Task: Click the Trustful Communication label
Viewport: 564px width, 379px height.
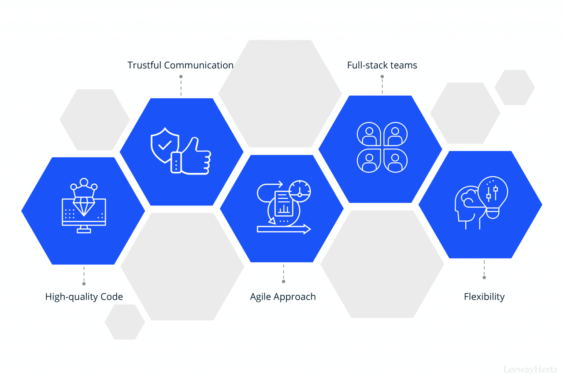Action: [x=180, y=65]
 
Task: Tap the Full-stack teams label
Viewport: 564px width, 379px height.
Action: [x=382, y=65]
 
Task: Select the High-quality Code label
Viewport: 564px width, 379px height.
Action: [x=84, y=297]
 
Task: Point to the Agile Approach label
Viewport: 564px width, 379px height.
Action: [x=283, y=297]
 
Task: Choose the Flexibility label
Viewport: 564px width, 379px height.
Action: [x=484, y=297]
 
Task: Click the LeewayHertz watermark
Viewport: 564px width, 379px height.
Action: [x=530, y=369]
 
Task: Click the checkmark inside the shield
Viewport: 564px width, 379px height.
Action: [x=165, y=145]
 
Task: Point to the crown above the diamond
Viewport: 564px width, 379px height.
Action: [x=84, y=188]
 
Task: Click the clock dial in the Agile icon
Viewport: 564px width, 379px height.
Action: [x=300, y=191]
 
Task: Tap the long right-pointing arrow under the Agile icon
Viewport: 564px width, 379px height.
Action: [x=284, y=229]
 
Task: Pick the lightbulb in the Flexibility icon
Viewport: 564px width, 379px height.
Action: [x=493, y=197]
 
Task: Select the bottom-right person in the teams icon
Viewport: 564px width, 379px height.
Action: [x=395, y=161]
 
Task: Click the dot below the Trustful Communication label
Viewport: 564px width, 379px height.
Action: [x=181, y=77]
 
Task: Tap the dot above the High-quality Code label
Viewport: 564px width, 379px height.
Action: [x=84, y=284]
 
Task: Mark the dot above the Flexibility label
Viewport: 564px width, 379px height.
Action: [x=484, y=278]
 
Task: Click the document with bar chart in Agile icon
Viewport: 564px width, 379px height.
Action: [x=284, y=204]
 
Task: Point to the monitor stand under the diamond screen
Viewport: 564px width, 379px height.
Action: [x=84, y=230]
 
